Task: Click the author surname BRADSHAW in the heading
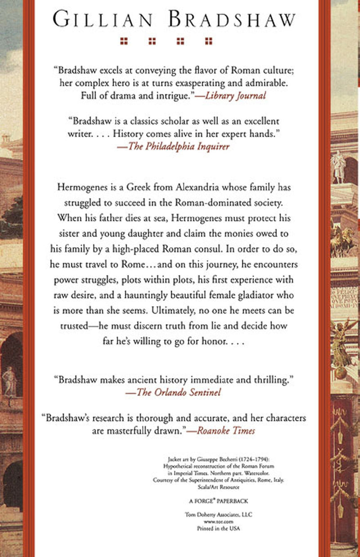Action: click(233, 20)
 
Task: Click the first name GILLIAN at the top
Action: click(104, 20)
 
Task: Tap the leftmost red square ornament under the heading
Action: click(124, 41)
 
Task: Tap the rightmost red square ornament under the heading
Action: click(208, 41)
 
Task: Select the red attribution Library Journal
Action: click(240, 95)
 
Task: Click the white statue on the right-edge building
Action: click(338, 167)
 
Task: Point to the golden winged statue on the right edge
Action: click(341, 342)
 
